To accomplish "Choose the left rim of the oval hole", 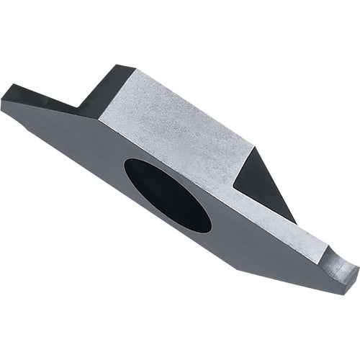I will pyautogui.click(x=126, y=168).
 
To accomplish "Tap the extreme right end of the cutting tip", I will pyautogui.click(x=358, y=269).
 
